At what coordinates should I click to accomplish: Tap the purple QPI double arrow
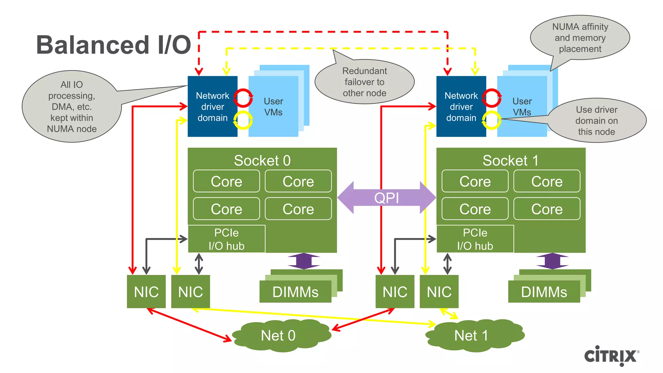pos(387,198)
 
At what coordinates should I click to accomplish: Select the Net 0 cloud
pos(278,335)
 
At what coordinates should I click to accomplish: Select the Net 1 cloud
pos(471,335)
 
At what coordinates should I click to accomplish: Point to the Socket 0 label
pos(262,161)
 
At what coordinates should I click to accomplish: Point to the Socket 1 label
pos(511,161)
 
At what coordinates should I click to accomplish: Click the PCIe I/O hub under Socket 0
pos(226,239)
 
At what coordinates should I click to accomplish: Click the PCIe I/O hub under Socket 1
pos(475,239)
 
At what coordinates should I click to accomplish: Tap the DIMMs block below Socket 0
pos(295,292)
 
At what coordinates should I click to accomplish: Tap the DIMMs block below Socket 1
pos(544,292)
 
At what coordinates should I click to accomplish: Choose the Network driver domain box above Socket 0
pos(212,107)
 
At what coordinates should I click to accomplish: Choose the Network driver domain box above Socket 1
pos(461,107)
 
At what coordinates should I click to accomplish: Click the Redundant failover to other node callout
pos(365,82)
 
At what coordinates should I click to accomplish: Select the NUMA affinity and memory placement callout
pos(580,38)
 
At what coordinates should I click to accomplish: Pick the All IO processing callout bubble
pos(72,107)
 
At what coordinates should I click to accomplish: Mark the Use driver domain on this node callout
pos(596,120)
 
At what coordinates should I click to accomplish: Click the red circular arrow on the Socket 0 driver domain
pos(243,97)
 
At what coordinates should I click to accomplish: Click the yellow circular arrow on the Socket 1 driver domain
pos(491,120)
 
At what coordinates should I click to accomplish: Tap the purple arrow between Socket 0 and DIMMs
pos(304,261)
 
